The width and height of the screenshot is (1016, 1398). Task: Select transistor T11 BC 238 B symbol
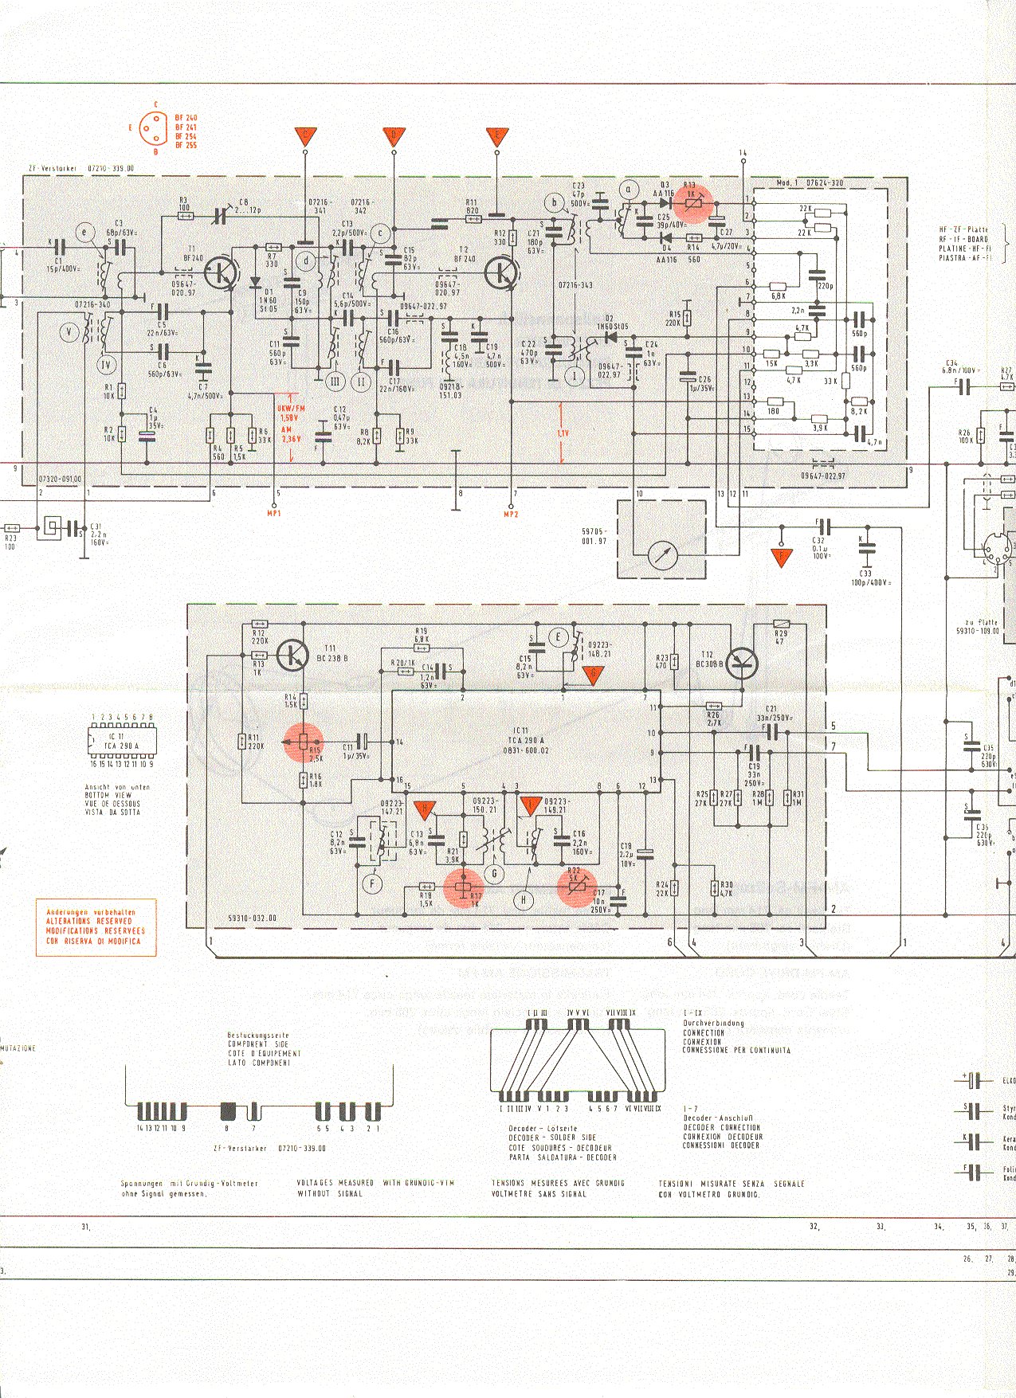(x=294, y=655)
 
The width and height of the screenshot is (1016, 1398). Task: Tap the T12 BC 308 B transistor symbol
(x=742, y=663)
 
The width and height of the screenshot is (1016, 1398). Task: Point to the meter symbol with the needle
(x=662, y=554)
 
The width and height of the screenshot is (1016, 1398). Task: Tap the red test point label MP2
(x=511, y=515)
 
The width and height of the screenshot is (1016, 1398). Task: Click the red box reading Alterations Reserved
(x=96, y=927)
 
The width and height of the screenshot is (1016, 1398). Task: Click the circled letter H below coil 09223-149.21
(x=524, y=900)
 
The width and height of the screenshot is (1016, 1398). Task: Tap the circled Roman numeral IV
(x=106, y=365)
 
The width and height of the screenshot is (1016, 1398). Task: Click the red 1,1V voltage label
(x=563, y=433)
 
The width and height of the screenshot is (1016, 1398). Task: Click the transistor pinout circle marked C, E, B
(x=155, y=127)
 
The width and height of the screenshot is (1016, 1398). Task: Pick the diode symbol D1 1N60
(x=255, y=282)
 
